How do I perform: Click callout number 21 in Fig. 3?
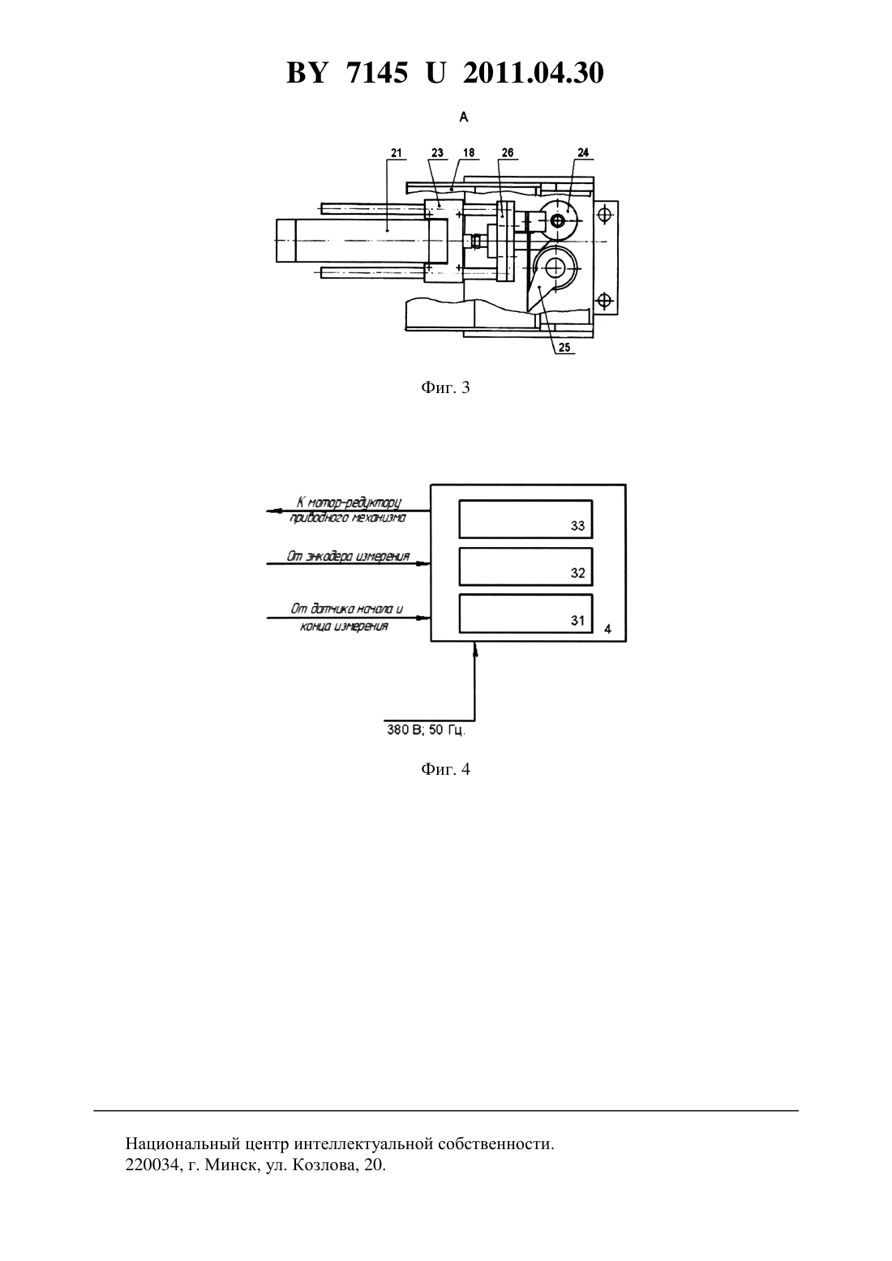[x=397, y=152]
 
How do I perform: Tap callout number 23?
[x=437, y=152]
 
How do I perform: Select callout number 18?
[x=469, y=152]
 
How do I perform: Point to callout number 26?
[x=508, y=152]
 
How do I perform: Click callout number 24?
[x=583, y=152]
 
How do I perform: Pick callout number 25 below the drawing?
[x=564, y=348]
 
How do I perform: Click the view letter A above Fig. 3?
[x=464, y=117]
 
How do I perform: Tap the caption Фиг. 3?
[x=445, y=387]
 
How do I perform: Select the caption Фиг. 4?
[x=445, y=769]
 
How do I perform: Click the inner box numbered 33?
[x=525, y=519]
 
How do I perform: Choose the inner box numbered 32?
[x=525, y=566]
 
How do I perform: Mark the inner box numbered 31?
[x=525, y=613]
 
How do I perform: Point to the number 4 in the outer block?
[x=607, y=629]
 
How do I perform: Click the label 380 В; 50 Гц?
[x=427, y=730]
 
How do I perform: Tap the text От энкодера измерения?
[x=348, y=557]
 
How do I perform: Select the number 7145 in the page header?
[x=376, y=73]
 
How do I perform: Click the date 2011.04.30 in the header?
[x=534, y=73]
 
